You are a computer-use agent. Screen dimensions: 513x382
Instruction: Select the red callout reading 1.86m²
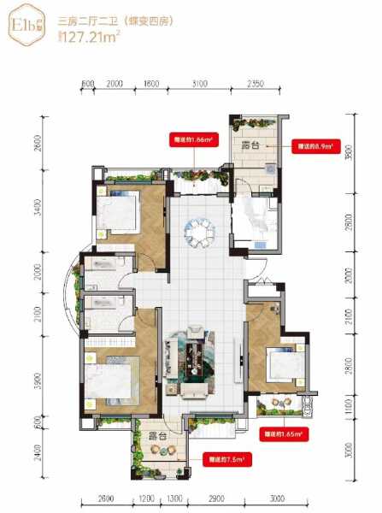point(191,137)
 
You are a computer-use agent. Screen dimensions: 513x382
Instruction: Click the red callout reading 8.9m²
point(314,146)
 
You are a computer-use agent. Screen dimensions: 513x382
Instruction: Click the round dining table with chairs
point(203,230)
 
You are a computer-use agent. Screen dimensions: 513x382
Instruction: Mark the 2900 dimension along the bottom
point(216,498)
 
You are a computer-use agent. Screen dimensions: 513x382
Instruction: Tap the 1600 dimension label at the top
point(152,84)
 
